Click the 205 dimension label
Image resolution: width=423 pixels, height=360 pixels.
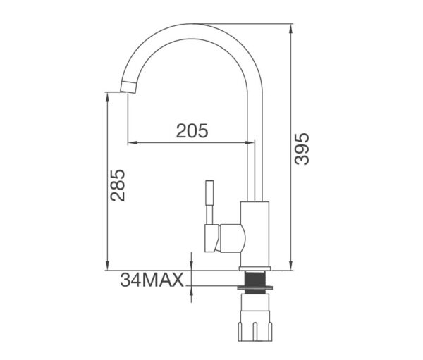[192, 131]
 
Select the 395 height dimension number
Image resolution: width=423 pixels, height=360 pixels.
[302, 149]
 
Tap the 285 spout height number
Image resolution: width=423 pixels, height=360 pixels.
[118, 185]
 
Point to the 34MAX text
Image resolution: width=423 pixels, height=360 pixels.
[152, 280]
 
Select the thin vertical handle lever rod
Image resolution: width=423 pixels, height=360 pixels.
[209, 202]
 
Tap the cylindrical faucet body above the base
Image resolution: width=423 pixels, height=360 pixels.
[255, 234]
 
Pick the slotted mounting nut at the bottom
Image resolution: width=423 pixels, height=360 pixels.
[255, 325]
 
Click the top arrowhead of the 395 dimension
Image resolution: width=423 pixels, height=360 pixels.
[290, 28]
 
